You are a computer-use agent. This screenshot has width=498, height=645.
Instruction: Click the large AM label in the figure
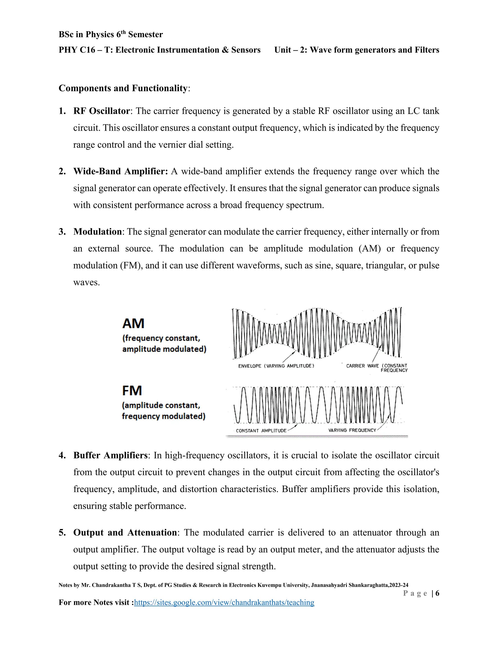pos(133,323)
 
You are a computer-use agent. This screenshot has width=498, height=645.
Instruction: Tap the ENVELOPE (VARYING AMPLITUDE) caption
pos(276,366)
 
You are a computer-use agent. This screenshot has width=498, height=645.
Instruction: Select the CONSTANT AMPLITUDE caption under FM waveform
pos(261,431)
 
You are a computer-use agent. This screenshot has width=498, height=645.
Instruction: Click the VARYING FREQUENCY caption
pos(352,430)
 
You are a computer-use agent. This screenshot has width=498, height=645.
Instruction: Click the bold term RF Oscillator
pos(101,111)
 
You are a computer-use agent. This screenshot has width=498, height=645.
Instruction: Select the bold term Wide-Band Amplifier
pos(120,171)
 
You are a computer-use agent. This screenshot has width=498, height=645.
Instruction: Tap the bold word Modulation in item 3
pos(97,231)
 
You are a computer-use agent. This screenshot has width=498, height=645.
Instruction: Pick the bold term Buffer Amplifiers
pos(110,455)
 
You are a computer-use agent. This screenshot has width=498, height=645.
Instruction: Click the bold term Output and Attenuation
pos(125,533)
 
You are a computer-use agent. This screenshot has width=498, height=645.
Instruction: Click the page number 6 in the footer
pos(437,593)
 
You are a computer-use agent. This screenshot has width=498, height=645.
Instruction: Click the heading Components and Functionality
pos(123,88)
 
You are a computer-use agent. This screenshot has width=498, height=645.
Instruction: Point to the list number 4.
pos(62,455)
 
